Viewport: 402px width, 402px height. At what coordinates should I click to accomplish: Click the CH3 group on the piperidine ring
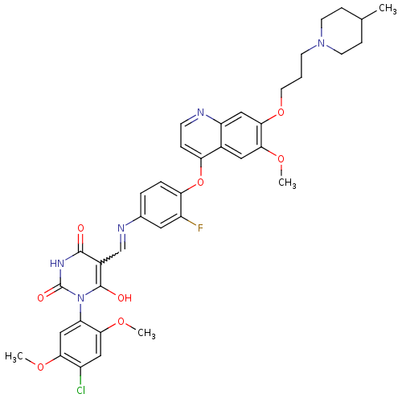coord(388,9)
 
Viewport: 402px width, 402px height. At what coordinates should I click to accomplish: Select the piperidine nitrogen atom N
coord(321,43)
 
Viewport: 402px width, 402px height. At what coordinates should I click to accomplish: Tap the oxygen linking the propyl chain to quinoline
coord(281,112)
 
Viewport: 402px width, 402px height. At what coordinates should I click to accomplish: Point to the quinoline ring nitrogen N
coord(201,112)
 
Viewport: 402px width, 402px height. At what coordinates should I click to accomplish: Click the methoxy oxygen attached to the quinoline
coord(281,159)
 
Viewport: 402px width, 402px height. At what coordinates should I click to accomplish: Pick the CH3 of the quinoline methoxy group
coord(287,183)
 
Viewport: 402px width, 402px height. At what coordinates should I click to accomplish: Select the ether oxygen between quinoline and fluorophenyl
coord(200,183)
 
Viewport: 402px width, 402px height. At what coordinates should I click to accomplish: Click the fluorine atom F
coord(200,228)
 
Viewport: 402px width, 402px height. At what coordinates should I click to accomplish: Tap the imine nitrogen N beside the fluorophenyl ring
coord(121,228)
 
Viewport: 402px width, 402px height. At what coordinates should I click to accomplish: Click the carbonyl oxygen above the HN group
coord(80,228)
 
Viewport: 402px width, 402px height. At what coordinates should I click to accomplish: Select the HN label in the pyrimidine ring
coord(57,264)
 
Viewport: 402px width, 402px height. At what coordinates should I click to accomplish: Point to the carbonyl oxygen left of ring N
coord(41,297)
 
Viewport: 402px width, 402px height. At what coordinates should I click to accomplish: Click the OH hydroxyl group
coord(125,297)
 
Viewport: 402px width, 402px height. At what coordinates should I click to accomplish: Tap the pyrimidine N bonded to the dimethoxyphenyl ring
coord(80,297)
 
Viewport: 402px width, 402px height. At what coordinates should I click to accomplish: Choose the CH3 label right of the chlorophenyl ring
coord(146,333)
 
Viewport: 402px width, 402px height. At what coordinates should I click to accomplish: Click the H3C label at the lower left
coord(14,357)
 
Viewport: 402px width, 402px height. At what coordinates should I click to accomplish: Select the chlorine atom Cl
coord(80,390)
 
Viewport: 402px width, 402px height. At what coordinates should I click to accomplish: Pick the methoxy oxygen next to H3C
coord(41,367)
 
